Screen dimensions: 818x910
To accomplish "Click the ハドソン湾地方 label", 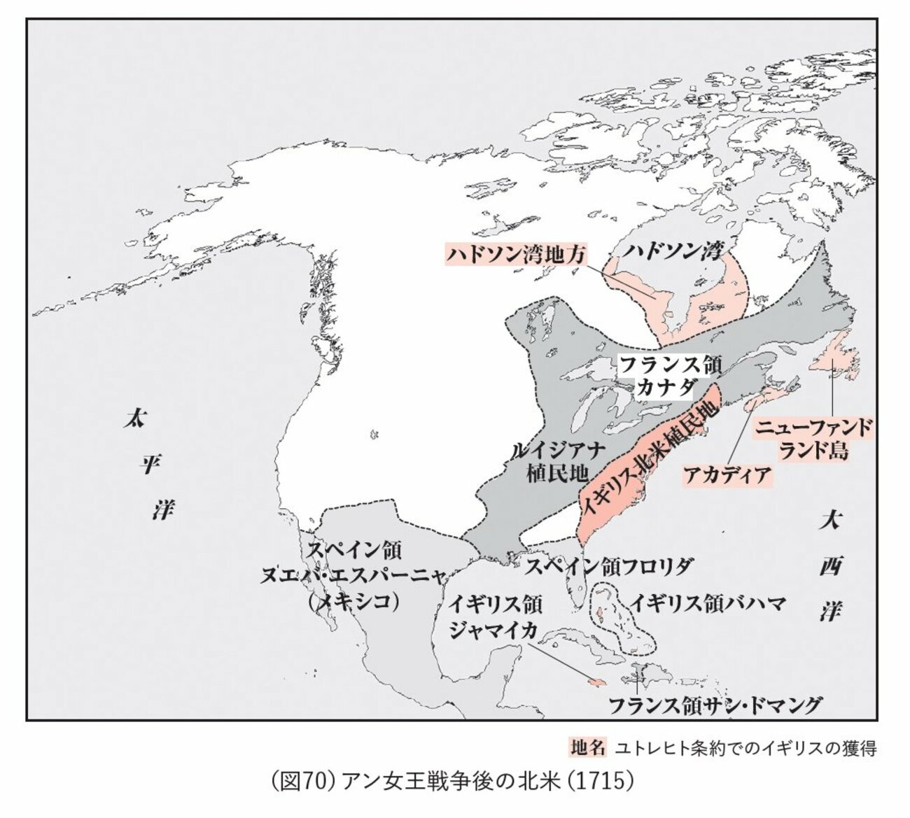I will coord(515,254).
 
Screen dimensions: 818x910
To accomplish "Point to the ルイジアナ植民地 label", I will coord(557,462).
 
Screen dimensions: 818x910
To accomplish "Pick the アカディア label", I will coord(727,475).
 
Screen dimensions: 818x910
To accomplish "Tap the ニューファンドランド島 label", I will coord(814,439).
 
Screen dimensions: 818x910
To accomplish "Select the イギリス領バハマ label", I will coord(708,603).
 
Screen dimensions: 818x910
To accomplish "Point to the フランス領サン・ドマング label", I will coord(714,705).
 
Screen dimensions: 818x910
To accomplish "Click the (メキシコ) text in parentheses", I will coord(354,601).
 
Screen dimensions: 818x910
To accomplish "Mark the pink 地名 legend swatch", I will coord(587,747).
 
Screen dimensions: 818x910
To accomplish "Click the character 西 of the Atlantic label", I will coord(830,566).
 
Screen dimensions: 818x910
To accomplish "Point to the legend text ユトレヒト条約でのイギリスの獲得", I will coord(745,748).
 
